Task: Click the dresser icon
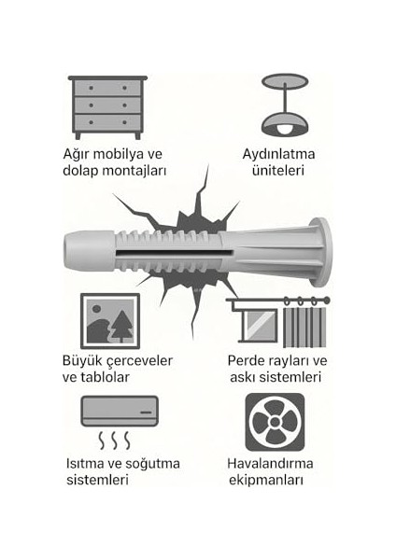[x=107, y=107]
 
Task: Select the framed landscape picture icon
[x=110, y=321]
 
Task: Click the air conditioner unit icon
[x=120, y=411]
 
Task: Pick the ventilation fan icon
[x=275, y=422]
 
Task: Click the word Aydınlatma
[x=278, y=154]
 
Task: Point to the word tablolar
[x=106, y=377]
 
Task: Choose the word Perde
[x=244, y=360]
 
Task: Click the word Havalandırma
[x=270, y=464]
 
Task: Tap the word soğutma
[x=152, y=464]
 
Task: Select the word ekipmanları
[x=266, y=481]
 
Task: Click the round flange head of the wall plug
[x=321, y=252]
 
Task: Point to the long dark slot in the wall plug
[x=175, y=253]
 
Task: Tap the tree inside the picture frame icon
[x=122, y=326]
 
